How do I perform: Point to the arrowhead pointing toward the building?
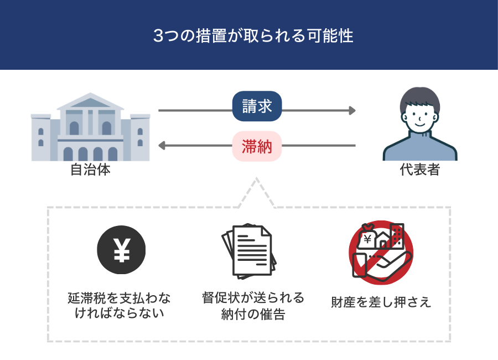(162, 146)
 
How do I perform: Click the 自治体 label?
(90, 170)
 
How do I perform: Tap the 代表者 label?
(420, 170)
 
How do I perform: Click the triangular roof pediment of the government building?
(90, 102)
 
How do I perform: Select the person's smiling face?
(420, 117)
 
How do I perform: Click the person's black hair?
(420, 97)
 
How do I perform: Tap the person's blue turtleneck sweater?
(420, 147)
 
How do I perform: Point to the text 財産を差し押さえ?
(381, 302)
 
